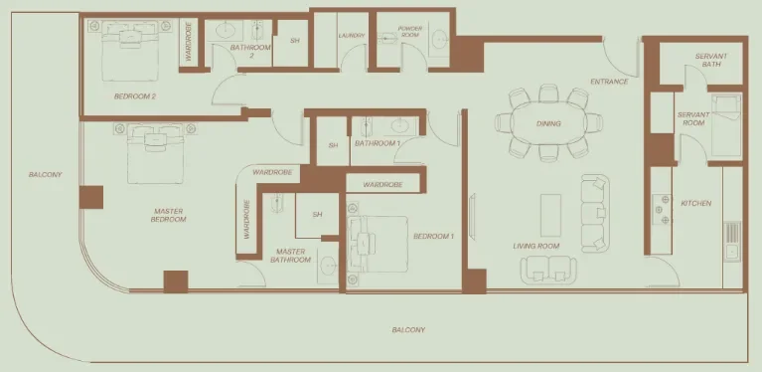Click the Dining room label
click(x=547, y=124)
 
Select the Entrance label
click(x=608, y=82)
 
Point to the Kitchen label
click(x=695, y=204)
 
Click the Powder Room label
click(x=410, y=32)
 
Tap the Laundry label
click(x=352, y=37)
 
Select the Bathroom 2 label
click(x=250, y=51)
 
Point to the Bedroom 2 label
click(x=134, y=96)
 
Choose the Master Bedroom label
click(x=170, y=215)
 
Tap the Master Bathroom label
click(x=290, y=256)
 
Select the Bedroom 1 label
click(x=433, y=236)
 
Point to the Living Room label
click(x=536, y=246)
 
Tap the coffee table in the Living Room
click(x=550, y=214)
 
